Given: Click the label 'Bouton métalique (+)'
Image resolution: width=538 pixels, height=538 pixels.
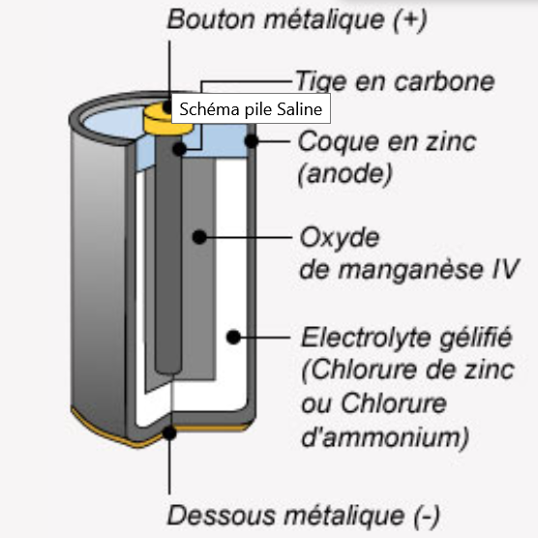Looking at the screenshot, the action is (x=297, y=20).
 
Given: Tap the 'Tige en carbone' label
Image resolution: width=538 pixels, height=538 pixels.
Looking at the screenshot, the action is (x=395, y=81).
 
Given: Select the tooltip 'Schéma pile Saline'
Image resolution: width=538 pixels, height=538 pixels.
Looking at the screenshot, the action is (x=251, y=108).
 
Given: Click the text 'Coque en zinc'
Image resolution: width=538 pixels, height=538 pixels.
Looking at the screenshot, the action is (x=387, y=141).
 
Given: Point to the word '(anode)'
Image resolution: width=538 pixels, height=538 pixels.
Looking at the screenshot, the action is (x=344, y=173).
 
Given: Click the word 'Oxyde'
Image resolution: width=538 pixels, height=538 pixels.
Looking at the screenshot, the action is (x=340, y=237).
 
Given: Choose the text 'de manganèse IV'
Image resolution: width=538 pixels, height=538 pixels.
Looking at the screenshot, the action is (x=409, y=270).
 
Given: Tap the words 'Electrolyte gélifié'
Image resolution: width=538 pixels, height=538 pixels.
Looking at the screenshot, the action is (x=406, y=338).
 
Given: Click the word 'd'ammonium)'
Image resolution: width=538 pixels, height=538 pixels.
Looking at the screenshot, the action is (x=385, y=437).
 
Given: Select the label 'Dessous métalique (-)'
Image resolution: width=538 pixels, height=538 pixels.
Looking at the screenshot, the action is (x=303, y=516).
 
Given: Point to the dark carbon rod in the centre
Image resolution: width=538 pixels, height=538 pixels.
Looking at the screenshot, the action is (x=167, y=254).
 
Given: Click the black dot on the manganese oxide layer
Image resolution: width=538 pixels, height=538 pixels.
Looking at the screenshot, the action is (x=199, y=237).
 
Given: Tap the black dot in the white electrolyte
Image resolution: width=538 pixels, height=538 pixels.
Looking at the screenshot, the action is (x=233, y=338).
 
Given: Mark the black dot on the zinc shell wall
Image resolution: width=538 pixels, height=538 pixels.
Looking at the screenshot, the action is (x=252, y=140).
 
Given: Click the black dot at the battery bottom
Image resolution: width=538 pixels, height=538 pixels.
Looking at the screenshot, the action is (x=169, y=433).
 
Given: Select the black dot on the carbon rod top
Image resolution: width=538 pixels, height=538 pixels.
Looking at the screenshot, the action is (x=179, y=149).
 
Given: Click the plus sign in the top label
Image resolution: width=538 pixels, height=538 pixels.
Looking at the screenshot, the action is (x=409, y=20).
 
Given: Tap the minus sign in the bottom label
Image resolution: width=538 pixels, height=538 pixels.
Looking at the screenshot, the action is (x=427, y=517).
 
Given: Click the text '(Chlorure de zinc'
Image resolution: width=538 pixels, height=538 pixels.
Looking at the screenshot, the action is (x=407, y=371).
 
